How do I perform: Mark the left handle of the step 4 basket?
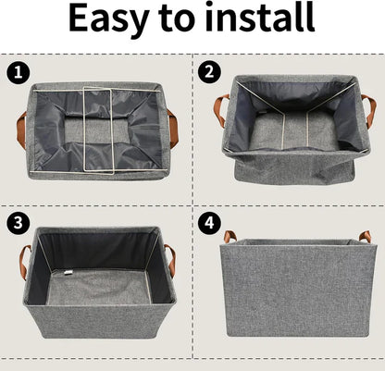pyautogui.click(x=228, y=237)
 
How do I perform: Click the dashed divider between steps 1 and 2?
pyautogui.click(x=192, y=130)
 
